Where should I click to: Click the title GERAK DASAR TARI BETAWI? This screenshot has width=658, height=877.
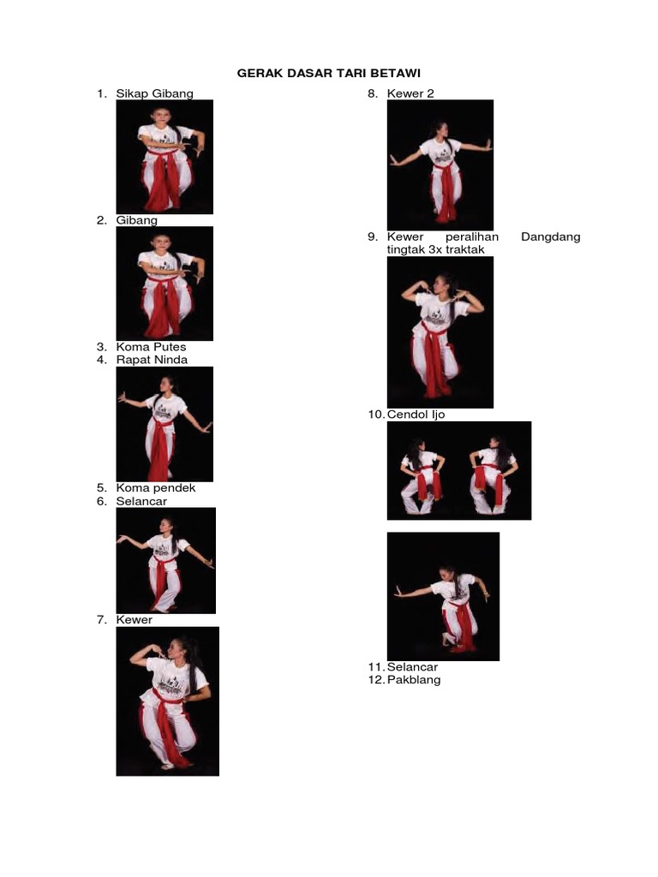pyautogui.click(x=329, y=74)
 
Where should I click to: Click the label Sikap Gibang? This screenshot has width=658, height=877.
pyautogui.click(x=155, y=93)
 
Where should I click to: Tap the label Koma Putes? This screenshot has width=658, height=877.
pyautogui.click(x=152, y=347)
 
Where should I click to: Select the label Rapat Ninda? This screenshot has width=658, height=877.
pyautogui.click(x=152, y=360)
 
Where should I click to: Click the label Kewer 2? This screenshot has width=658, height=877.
pyautogui.click(x=410, y=93)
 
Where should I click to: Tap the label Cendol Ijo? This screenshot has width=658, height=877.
pyautogui.click(x=416, y=415)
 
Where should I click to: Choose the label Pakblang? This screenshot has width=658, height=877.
pyautogui.click(x=413, y=680)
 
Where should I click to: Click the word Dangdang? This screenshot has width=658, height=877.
pyautogui.click(x=550, y=236)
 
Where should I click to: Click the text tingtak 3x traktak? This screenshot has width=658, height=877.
pyautogui.click(x=436, y=249)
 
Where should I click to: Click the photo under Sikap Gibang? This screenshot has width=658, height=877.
pyautogui.click(x=164, y=157)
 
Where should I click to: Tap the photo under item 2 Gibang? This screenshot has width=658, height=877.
pyautogui.click(x=164, y=283)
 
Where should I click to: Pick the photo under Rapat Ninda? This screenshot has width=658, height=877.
pyautogui.click(x=164, y=424)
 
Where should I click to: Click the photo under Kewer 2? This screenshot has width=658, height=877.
pyautogui.click(x=440, y=164)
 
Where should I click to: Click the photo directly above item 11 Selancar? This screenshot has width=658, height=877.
pyautogui.click(x=443, y=596)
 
